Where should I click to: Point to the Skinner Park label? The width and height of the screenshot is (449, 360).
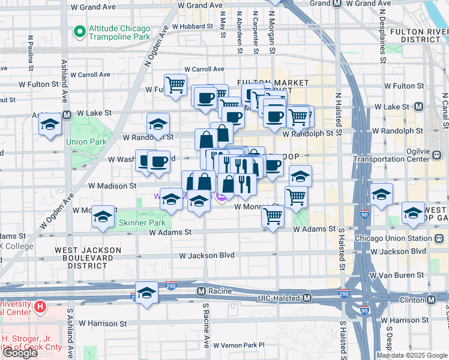click(x=141, y=223)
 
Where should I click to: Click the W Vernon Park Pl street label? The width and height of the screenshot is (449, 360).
click(x=238, y=345)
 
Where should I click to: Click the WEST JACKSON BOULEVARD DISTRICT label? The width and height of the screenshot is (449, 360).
click(x=88, y=257)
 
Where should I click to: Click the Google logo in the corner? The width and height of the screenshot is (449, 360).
click(x=20, y=352)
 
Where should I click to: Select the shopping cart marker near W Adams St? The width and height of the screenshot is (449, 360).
click(x=273, y=216)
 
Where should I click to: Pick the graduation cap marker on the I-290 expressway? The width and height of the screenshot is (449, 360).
click(x=146, y=293)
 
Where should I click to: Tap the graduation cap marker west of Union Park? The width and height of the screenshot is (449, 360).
click(x=50, y=124)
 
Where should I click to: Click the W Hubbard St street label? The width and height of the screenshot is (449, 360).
click(x=192, y=26)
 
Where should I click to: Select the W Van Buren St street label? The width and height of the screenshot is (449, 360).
click(x=399, y=275)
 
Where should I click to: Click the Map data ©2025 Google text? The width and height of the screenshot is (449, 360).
click(x=412, y=355)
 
